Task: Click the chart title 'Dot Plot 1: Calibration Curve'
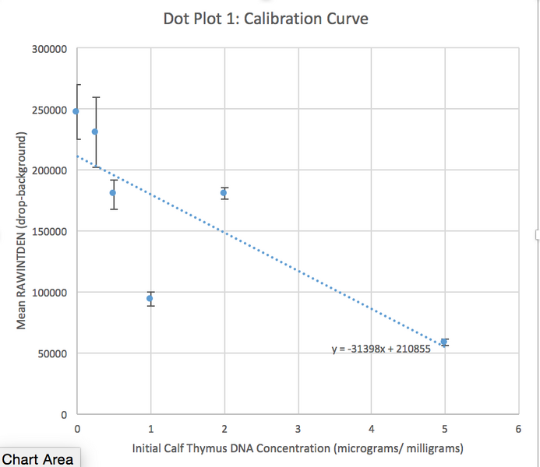266,18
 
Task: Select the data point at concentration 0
76,111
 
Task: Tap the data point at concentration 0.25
95,132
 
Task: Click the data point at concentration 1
150,298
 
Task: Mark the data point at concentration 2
224,192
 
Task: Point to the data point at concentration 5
444,342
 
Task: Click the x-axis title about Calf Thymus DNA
298,448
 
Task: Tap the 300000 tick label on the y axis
48,49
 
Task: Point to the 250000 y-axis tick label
48,110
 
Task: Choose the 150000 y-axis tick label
48,231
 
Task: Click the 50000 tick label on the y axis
51,353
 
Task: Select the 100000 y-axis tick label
48,293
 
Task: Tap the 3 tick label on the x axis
298,429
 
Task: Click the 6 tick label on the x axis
518,429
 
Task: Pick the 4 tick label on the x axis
371,429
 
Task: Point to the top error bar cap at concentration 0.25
95,97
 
